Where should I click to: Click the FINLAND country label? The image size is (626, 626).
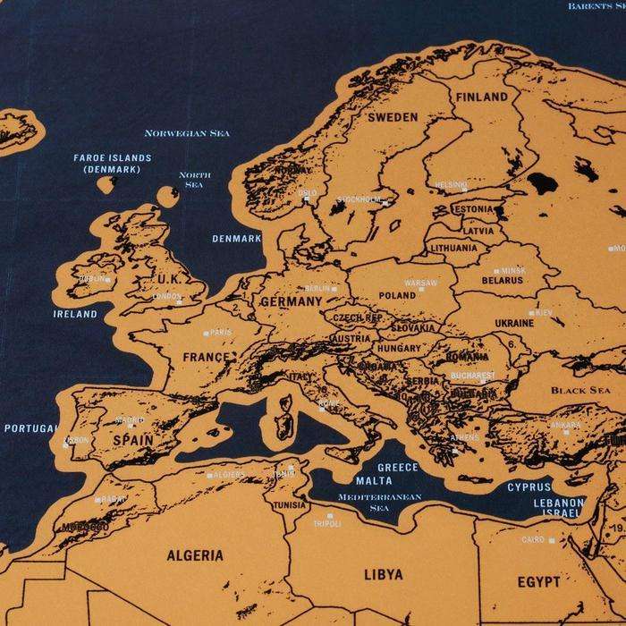pos(482,97)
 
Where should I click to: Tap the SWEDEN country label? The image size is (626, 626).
pos(393,117)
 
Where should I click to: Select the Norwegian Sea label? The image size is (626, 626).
pos(187,133)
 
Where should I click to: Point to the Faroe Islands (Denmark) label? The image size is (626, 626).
pos(112,163)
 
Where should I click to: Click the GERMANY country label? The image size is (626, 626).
pos(291,302)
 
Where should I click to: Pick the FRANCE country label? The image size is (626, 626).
pos(207,357)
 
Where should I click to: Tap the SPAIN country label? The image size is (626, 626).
pos(131,440)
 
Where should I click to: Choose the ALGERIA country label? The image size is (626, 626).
pos(195,555)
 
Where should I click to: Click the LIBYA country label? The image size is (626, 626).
pos(383,573)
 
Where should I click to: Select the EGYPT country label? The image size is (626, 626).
pos(539,582)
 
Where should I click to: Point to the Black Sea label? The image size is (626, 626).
pos(579,391)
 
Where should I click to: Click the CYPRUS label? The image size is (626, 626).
pos(529,487)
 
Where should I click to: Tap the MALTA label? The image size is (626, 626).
pos(373,480)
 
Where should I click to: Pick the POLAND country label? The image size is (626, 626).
pos(397,295)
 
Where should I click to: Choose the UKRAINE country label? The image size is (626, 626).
pos(513,323)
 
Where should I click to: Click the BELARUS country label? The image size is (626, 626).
pos(502,280)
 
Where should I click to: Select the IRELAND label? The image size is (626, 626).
pos(75,315)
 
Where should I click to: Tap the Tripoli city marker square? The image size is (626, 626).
pos(329,516)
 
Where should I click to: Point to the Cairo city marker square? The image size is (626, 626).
pos(552,540)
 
